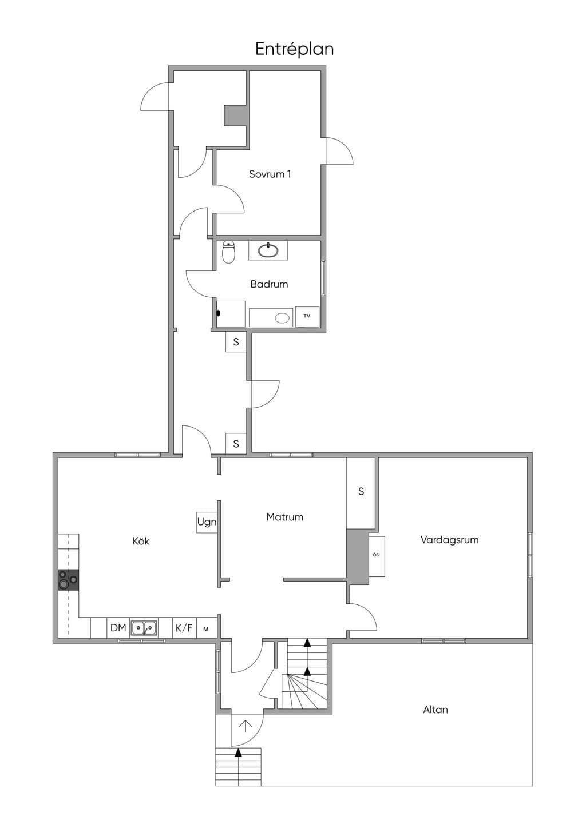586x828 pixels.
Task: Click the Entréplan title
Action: click(x=295, y=49)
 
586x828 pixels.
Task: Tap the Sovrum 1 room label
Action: click(x=270, y=174)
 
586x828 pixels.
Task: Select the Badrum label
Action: click(x=269, y=284)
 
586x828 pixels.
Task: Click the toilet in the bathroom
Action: click(x=229, y=252)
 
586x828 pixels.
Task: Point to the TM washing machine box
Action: click(x=307, y=316)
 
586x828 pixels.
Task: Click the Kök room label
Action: click(x=141, y=541)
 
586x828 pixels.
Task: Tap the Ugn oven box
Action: click(x=207, y=522)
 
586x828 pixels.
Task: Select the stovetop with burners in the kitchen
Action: click(x=69, y=580)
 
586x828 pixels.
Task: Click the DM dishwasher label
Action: click(x=118, y=628)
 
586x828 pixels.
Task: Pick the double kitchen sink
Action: click(x=144, y=628)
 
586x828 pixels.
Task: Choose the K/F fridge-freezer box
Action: click(x=184, y=628)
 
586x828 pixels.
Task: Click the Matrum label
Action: click(x=285, y=517)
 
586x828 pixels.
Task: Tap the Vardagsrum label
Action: click(x=449, y=540)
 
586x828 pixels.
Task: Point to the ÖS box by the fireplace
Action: click(x=377, y=556)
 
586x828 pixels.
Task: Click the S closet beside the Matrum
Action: click(x=361, y=492)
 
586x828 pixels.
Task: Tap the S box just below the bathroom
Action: click(x=236, y=343)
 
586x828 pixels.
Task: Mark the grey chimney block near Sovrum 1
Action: click(x=235, y=116)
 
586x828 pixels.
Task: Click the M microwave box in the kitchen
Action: click(x=206, y=629)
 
